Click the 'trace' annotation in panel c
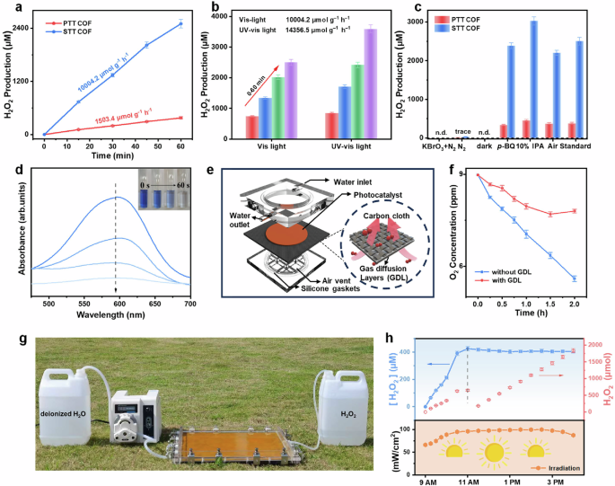tap(464, 129)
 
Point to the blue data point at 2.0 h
tap(575, 278)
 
